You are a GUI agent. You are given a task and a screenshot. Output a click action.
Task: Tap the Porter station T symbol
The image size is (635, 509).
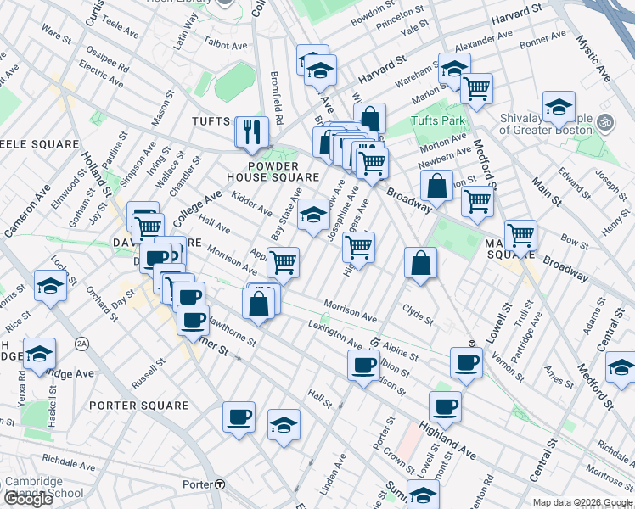tap(220, 485)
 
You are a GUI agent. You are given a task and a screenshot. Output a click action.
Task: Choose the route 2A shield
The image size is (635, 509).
tap(81, 343)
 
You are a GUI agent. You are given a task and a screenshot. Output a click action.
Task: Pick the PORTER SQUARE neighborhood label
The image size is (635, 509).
tap(138, 406)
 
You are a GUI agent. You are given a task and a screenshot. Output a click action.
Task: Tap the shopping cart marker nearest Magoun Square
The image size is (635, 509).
tap(520, 234)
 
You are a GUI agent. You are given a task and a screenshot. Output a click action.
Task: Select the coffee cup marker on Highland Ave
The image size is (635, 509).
tap(445, 406)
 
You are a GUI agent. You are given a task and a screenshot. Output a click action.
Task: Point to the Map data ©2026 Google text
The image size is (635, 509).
tap(582, 502)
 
